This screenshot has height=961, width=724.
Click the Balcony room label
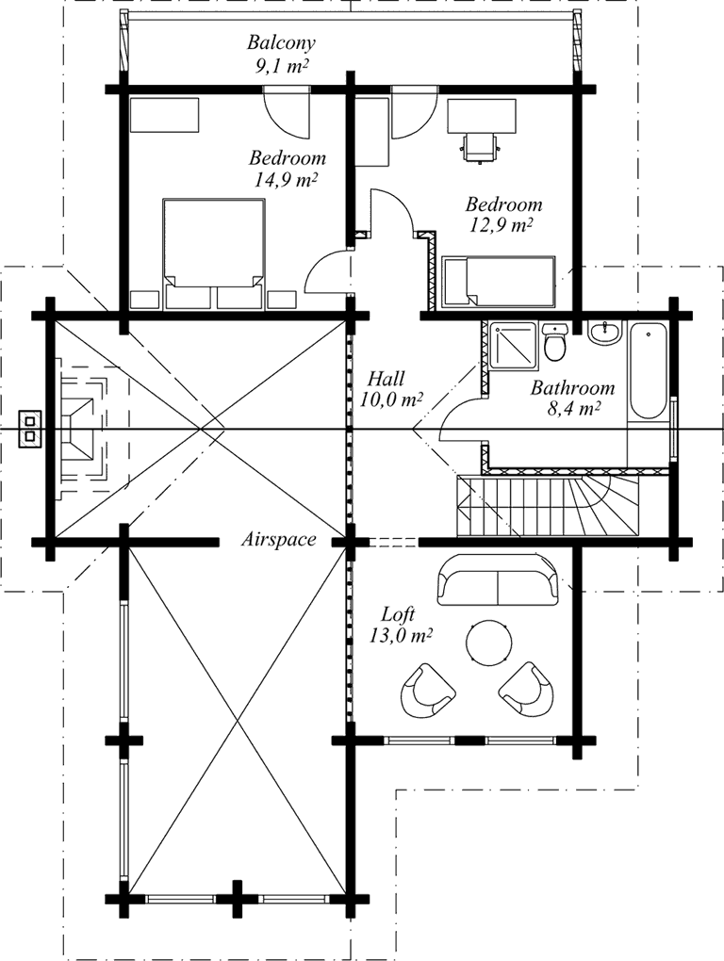pyautogui.click(x=281, y=43)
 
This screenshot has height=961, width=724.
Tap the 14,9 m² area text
pyautogui.click(x=285, y=180)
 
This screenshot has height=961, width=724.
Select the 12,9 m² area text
pyautogui.click(x=501, y=225)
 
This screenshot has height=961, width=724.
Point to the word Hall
pyautogui.click(x=386, y=378)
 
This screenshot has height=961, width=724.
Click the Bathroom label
pyautogui.click(x=572, y=388)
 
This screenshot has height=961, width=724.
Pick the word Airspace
pyautogui.click(x=279, y=539)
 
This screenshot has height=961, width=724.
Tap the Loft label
pyautogui.click(x=399, y=613)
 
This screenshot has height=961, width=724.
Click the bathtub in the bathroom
pyautogui.click(x=648, y=371)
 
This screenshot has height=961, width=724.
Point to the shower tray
pyautogui.click(x=514, y=347)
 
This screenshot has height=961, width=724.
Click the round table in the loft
pyautogui.click(x=488, y=642)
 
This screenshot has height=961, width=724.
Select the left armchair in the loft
pyautogui.click(x=427, y=691)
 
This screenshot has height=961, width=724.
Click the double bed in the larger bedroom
pyautogui.click(x=214, y=252)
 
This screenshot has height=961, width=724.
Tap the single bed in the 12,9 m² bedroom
pyautogui.click(x=499, y=282)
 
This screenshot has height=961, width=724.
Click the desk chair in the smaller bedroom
pyautogui.click(x=480, y=147)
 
